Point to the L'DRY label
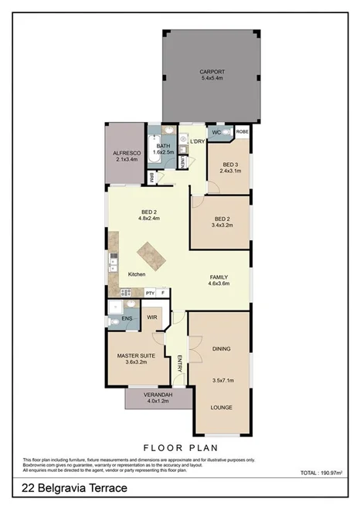[196, 141]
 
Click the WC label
[218, 132]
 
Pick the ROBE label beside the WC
[242, 132]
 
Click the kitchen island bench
[148, 253]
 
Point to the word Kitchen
[137, 274]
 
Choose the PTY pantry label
[150, 294]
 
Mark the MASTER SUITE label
[136, 355]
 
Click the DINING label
[221, 348]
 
